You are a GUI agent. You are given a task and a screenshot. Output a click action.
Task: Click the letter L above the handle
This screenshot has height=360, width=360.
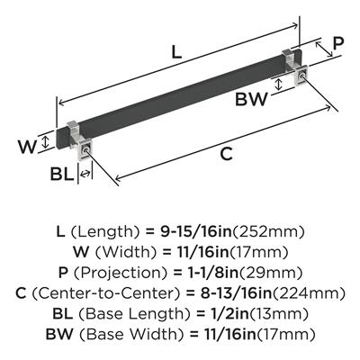pyautogui.click(x=176, y=52)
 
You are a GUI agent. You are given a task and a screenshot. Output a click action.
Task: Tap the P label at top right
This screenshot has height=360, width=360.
pyautogui.click(x=337, y=44)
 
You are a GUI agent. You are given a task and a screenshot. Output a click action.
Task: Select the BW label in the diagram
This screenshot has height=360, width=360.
pyautogui.click(x=251, y=99)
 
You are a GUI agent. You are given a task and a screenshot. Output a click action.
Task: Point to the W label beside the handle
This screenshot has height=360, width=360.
pyautogui.click(x=27, y=147)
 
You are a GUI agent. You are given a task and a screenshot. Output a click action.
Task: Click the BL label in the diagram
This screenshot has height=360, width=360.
pyautogui.click(x=61, y=174)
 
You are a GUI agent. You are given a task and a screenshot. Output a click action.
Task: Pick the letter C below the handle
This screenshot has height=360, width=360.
pyautogui.click(x=227, y=154)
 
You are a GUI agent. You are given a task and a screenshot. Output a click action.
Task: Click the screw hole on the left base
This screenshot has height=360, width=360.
pyautogui.click(x=86, y=149)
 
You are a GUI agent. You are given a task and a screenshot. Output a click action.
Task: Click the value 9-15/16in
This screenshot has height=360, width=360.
pyautogui.click(x=196, y=231)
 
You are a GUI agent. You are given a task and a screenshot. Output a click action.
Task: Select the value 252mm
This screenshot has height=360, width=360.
pyautogui.click(x=269, y=231)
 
